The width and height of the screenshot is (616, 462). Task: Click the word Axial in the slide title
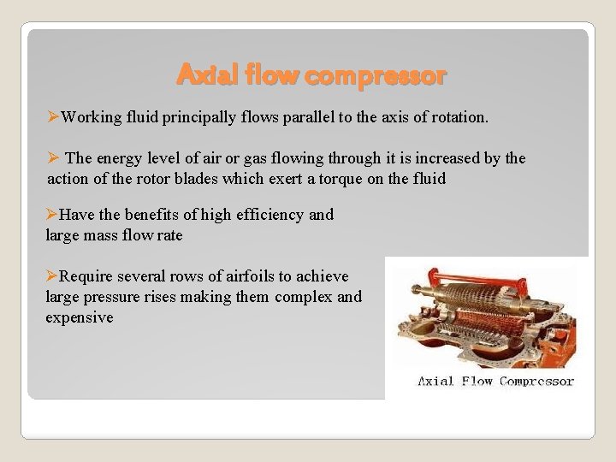(200, 76)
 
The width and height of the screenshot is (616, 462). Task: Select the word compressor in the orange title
(375, 76)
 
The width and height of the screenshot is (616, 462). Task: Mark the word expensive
(79, 317)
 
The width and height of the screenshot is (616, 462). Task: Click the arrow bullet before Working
(53, 116)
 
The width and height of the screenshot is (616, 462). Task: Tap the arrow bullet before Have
(51, 214)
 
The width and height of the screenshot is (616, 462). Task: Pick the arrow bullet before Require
(51, 276)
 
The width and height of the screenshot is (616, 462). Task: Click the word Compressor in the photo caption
(536, 381)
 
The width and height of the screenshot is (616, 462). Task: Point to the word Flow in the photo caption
(477, 381)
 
